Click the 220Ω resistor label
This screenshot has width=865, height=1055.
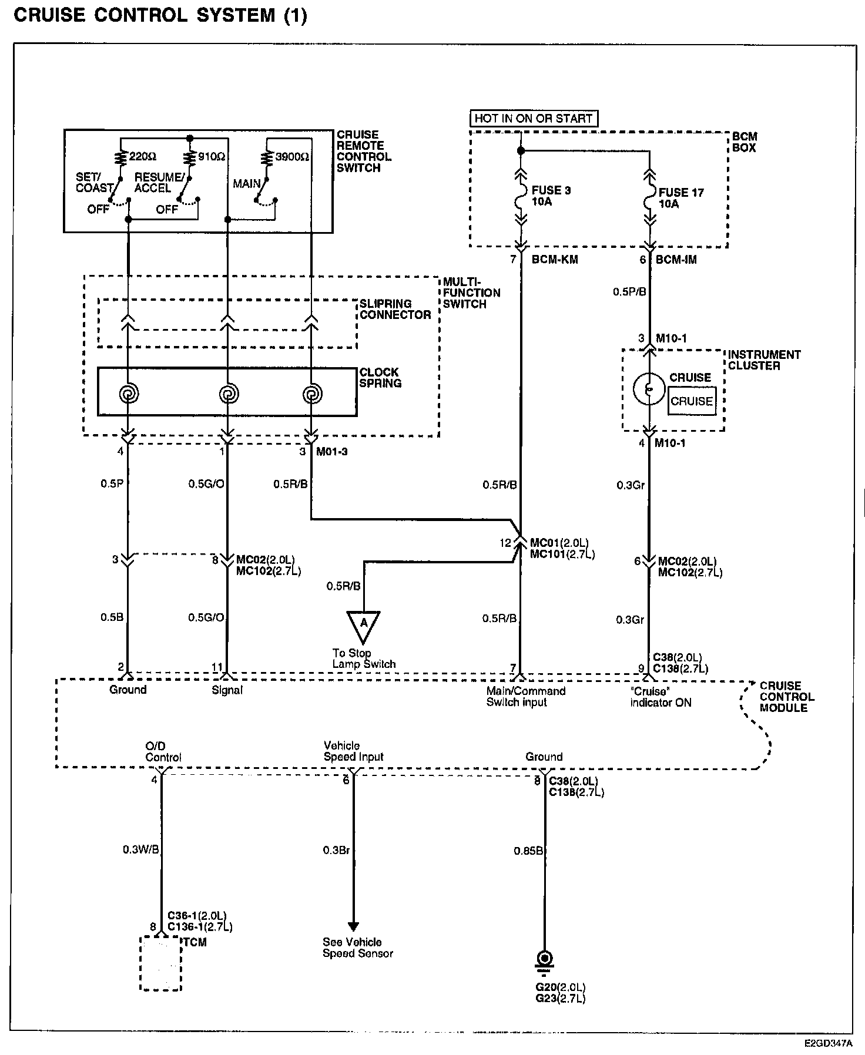(143, 157)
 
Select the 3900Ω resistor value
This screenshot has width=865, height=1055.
(292, 157)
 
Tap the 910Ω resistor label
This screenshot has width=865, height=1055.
(212, 157)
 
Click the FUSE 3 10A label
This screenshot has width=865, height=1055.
(551, 196)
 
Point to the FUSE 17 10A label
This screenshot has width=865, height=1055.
(680, 198)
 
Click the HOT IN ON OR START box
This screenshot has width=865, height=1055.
(533, 118)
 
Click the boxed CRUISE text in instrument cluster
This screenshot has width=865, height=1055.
(692, 402)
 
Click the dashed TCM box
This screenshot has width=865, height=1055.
(160, 963)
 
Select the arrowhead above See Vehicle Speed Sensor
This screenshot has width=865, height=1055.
(353, 926)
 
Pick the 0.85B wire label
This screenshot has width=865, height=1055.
(528, 851)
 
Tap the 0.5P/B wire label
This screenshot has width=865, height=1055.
(629, 291)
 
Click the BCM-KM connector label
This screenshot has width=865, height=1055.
(554, 260)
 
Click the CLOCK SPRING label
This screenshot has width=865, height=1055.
(380, 378)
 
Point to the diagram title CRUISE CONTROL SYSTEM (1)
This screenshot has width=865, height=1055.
(160, 15)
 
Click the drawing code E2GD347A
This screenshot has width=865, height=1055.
(828, 1044)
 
